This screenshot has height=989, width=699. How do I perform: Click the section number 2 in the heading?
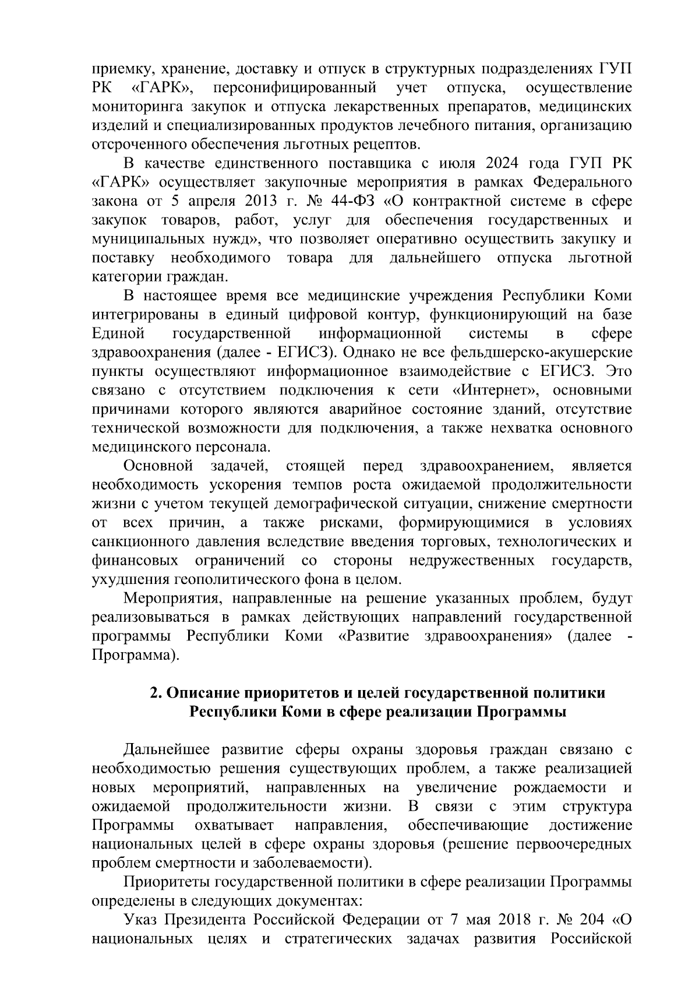coord(155,693)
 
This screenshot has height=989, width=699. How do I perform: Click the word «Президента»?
coord(206,920)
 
